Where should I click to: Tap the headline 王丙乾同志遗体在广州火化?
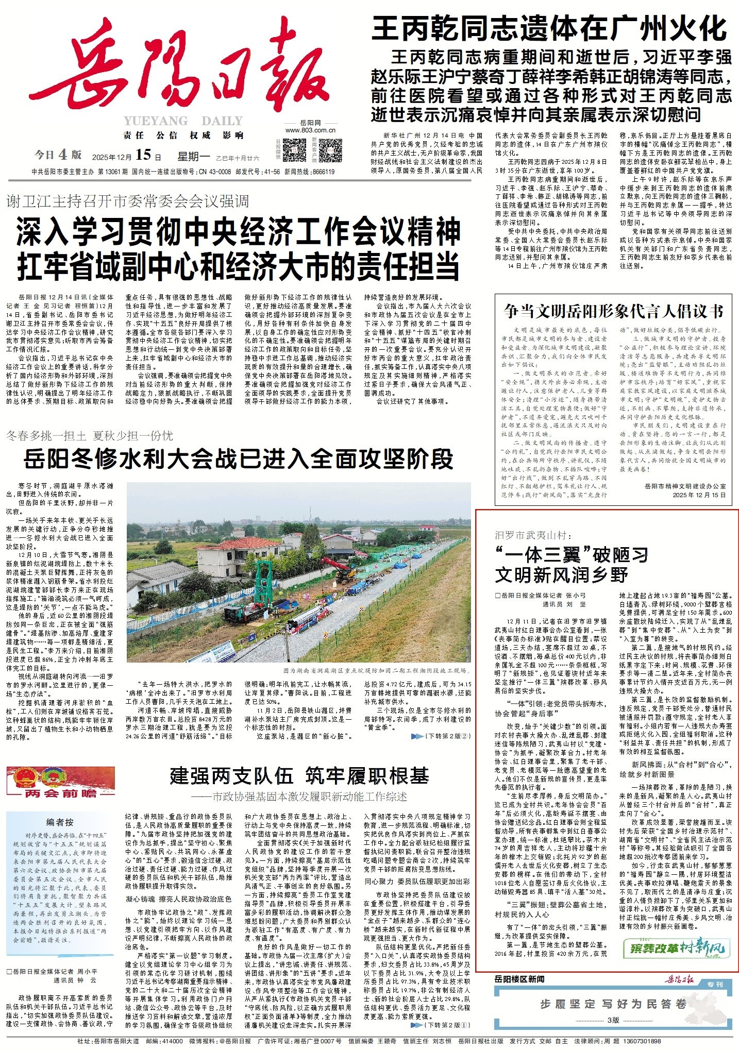(549, 29)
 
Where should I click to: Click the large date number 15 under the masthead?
(143, 155)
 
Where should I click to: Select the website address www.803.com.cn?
(310, 130)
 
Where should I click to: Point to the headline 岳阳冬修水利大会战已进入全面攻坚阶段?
(238, 459)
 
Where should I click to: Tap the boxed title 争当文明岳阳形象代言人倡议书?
(614, 311)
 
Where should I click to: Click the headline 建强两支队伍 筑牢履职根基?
(299, 775)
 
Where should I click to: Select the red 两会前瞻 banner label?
(61, 793)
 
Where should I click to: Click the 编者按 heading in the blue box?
(60, 822)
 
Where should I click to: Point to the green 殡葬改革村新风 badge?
(677, 947)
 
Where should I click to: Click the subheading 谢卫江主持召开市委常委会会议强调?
(128, 201)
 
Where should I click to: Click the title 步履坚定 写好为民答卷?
(613, 1004)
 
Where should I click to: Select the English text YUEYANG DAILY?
(183, 121)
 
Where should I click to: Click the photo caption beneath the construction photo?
(376, 671)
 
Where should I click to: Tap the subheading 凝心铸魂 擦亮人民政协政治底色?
(179, 899)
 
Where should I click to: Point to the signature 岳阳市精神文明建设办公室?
(685, 486)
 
